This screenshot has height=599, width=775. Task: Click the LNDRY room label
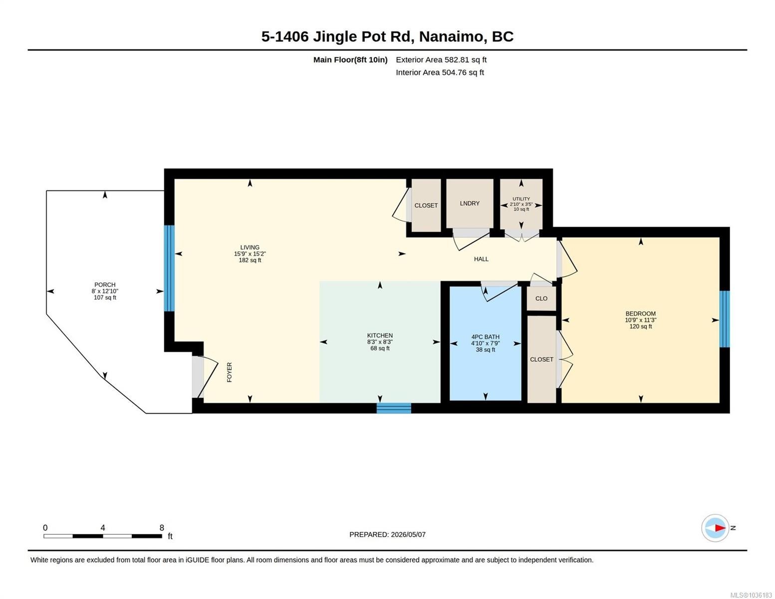coord(470,203)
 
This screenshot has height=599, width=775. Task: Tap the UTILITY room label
coord(521,199)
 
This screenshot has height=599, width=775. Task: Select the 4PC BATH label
coord(485,337)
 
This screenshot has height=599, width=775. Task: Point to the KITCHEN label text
coord(380,335)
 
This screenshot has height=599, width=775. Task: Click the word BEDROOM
coord(641,313)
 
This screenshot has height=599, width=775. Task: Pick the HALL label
coord(481,259)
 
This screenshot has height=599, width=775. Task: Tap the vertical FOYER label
coord(230,372)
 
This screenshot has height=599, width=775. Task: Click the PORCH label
coord(105,285)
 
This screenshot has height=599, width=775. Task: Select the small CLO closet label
coord(541,298)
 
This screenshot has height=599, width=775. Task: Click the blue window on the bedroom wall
coord(724,319)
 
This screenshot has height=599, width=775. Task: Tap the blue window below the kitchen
coord(394,408)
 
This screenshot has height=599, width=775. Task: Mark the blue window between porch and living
coord(169,268)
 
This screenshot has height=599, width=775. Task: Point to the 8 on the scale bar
coord(162,528)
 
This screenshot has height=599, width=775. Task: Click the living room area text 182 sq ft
coord(250,260)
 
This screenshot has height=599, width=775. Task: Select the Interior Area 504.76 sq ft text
coord(439,72)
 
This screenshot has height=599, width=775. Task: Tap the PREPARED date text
coord(387,535)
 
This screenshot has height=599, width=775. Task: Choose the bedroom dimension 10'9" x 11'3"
coord(641,320)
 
